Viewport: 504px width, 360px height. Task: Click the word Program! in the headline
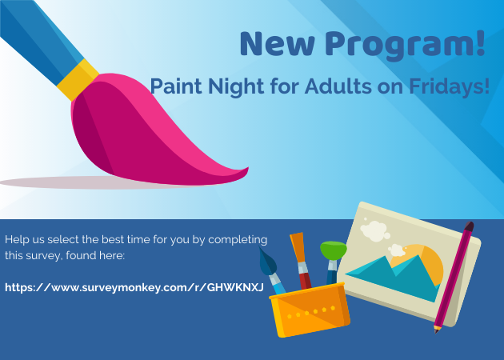(405, 44)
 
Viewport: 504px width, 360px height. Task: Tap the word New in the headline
(278, 44)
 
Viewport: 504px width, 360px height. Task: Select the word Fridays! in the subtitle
(450, 86)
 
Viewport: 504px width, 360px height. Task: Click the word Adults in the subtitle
(338, 86)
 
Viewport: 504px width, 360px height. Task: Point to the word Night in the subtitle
(237, 86)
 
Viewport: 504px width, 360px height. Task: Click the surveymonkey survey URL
(134, 287)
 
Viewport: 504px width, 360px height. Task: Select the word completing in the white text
(238, 240)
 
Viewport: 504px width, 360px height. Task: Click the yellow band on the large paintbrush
(78, 79)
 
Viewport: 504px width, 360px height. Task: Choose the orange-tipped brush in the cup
(301, 260)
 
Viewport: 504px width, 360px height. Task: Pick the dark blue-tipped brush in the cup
(272, 270)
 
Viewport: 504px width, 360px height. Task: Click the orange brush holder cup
(310, 310)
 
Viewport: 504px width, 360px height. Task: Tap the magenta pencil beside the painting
(454, 277)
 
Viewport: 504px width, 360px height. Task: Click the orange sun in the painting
(424, 262)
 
